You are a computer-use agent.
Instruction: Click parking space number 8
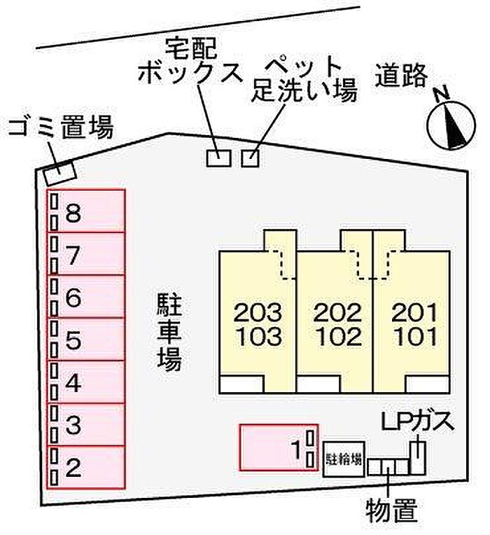pos(86,211)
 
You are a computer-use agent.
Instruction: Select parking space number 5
pos(86,339)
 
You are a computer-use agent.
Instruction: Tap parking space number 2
pos(86,467)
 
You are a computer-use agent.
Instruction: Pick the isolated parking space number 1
pos(279,447)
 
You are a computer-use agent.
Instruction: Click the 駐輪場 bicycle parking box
pos(344,459)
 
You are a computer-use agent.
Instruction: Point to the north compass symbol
pos(451,125)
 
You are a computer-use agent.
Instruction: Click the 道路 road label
pos(401,75)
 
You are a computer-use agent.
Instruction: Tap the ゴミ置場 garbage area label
pos(61,127)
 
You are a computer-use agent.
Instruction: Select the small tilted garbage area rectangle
pos(59,172)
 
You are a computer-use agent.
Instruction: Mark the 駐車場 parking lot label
pos(169,332)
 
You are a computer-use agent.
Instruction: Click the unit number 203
pos(258,312)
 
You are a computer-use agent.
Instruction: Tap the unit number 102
pos(338,336)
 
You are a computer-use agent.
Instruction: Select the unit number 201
pos(414,312)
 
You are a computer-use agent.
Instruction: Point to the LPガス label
pos(417,422)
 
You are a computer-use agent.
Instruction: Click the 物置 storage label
pos(392,510)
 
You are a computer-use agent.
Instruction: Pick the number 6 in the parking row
pos(73,297)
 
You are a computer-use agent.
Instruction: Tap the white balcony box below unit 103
pos(241,384)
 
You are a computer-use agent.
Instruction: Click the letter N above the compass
pos(442,93)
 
